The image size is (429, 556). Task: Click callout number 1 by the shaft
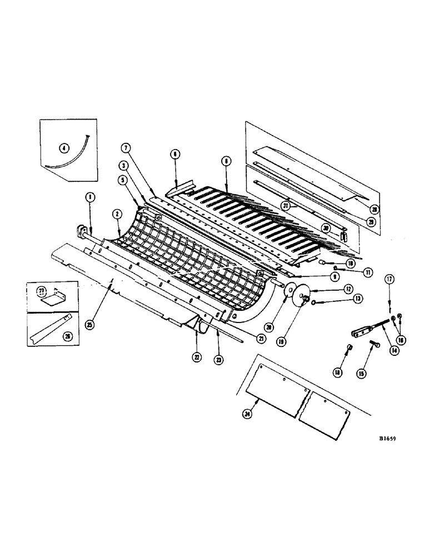pos(88,196)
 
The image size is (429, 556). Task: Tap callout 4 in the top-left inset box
pos(64,148)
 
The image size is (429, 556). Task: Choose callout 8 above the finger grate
pos(226,161)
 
